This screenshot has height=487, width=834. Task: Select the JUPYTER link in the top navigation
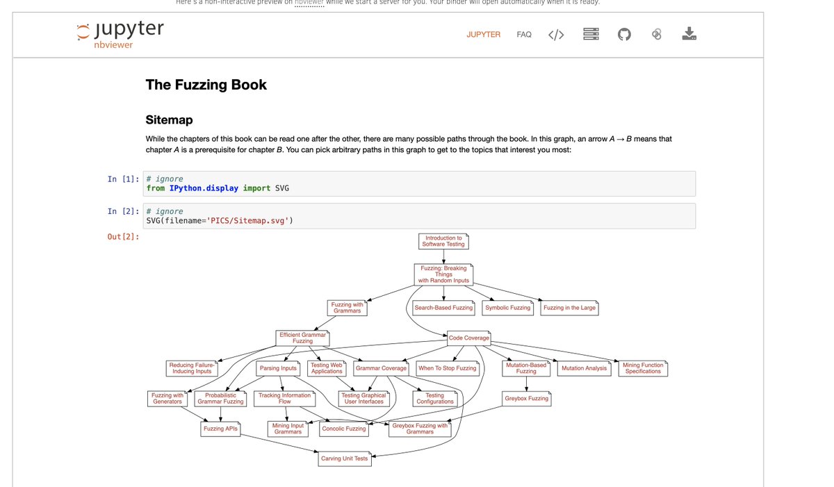[x=483, y=34]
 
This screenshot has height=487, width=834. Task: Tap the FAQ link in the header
[x=524, y=34]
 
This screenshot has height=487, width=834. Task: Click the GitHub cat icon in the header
[x=623, y=34]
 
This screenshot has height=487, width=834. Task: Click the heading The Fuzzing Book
[x=206, y=85]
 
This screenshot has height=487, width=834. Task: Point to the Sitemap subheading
[x=169, y=119]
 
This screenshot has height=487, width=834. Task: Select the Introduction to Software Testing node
[x=443, y=241]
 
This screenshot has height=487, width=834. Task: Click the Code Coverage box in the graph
[x=468, y=338]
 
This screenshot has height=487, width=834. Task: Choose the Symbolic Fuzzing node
[x=507, y=308]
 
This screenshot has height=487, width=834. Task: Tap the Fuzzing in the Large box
[x=569, y=308]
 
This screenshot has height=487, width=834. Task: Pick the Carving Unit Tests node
[x=344, y=459]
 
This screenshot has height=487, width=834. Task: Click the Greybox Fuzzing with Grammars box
[x=420, y=429]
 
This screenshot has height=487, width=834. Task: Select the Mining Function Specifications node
[x=643, y=368]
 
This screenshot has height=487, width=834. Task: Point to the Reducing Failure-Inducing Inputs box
[x=193, y=368]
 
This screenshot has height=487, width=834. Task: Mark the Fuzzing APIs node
[x=220, y=429]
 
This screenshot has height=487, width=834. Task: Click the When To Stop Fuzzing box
[x=447, y=368]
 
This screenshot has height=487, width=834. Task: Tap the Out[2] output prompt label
[x=123, y=237]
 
